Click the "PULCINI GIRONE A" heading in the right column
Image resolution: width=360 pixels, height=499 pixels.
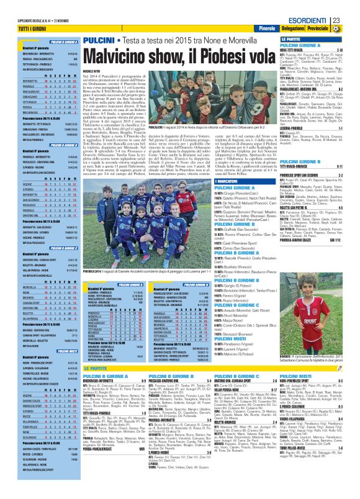(300, 46)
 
